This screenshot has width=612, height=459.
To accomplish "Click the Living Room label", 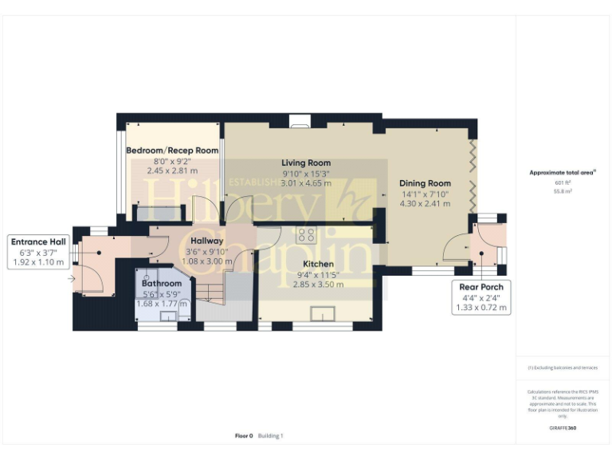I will (306, 163).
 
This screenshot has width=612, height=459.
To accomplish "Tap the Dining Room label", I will (425, 183).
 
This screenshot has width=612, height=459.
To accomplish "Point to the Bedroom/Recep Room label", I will (172, 150).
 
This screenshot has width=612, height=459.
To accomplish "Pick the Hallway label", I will (207, 241).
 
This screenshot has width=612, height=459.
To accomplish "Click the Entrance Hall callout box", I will (38, 251).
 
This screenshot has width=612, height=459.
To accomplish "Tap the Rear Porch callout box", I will (481, 296).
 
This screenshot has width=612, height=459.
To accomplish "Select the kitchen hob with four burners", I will (306, 235).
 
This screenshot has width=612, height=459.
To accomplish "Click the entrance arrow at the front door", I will (73, 279).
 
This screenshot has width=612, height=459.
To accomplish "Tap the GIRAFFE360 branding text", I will (563, 428).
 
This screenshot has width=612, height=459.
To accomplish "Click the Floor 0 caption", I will (244, 436).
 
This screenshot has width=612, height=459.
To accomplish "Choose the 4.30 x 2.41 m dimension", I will (425, 204).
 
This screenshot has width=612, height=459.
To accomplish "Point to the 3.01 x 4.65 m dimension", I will (306, 183).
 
